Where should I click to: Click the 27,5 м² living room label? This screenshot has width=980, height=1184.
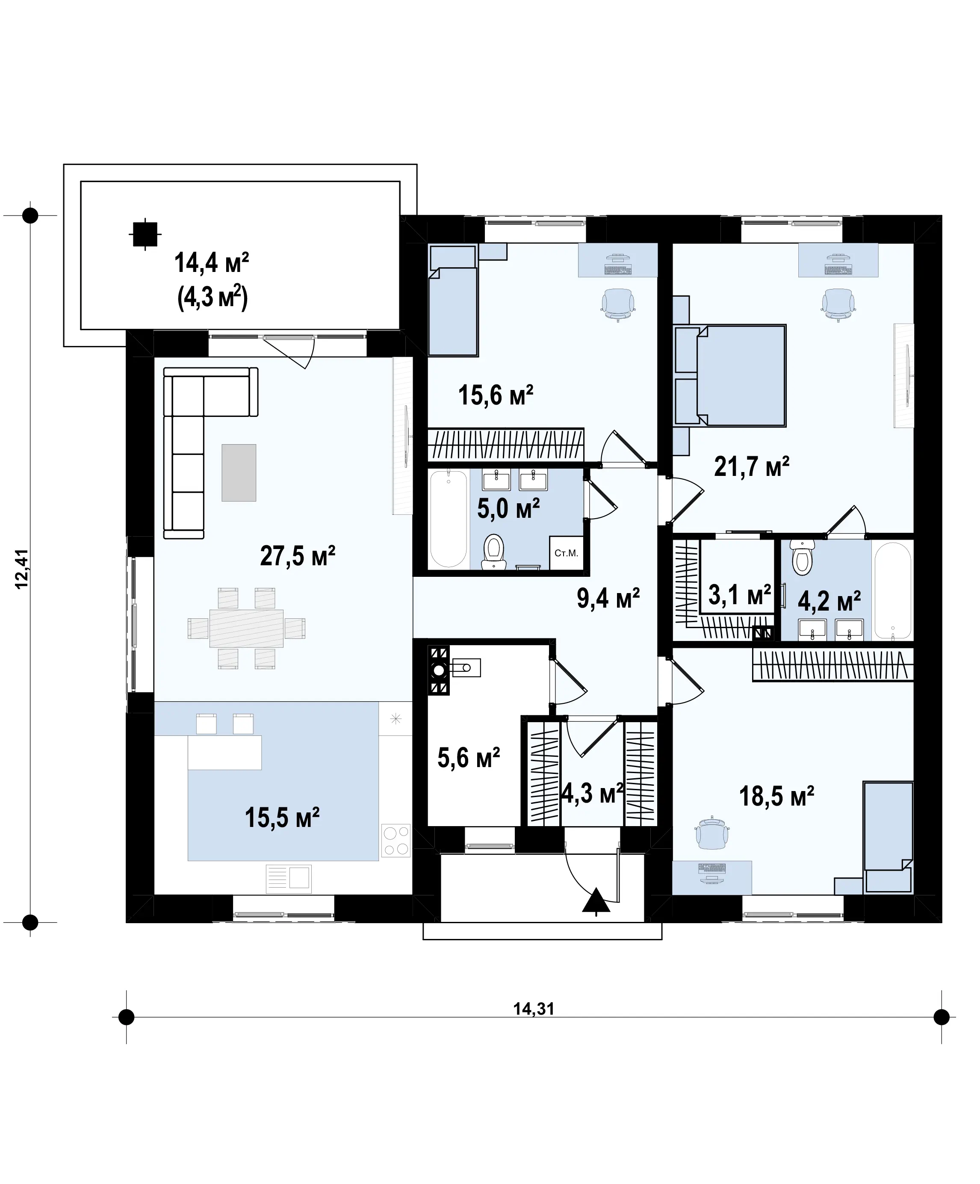click(298, 555)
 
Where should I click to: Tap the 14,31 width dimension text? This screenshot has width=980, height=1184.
click(534, 1009)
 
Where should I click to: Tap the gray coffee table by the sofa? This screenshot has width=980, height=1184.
click(239, 472)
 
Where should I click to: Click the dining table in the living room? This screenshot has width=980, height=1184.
click(246, 628)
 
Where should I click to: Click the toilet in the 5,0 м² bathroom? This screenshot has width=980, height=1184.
click(494, 550)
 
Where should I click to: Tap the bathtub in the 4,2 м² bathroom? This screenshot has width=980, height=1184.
click(892, 591)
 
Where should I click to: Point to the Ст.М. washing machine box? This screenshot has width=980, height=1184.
click(566, 552)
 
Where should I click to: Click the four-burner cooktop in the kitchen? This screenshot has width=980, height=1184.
click(396, 840)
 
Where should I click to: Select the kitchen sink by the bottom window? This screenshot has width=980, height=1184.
click(289, 878)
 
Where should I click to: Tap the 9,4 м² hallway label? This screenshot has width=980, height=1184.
click(608, 598)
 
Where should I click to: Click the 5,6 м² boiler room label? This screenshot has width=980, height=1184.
click(469, 757)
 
